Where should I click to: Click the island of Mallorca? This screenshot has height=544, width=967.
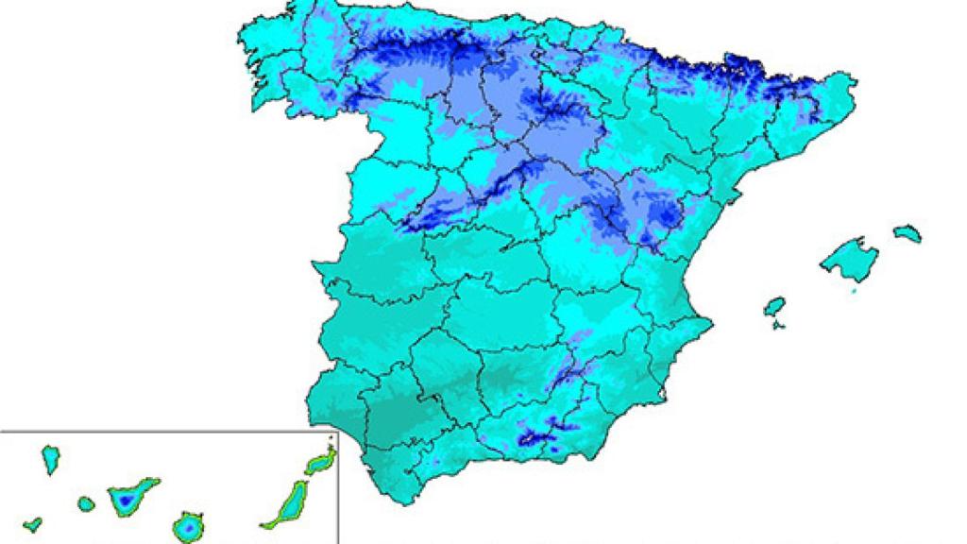[x=849, y=257]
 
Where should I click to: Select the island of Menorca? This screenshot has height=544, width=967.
[x=907, y=231]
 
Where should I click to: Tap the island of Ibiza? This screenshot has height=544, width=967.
[x=774, y=307]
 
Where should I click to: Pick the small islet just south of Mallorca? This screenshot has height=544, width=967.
[x=855, y=292]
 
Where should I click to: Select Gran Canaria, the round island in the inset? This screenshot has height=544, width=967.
[x=188, y=525]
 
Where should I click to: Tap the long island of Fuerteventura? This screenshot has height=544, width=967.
[x=287, y=502]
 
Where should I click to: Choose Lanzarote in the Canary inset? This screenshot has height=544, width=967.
[x=319, y=462]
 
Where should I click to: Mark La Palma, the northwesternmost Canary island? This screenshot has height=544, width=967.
[x=50, y=459]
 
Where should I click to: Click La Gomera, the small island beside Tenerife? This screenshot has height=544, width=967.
[x=86, y=503]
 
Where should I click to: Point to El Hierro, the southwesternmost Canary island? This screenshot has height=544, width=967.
[x=33, y=522]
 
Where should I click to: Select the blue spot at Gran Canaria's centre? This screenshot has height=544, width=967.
[x=188, y=525]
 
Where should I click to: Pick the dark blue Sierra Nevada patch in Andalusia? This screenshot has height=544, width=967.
[x=534, y=437]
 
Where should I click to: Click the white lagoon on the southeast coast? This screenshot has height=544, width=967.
[x=665, y=389]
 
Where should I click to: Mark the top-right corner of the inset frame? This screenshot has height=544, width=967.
[x=337, y=433]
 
